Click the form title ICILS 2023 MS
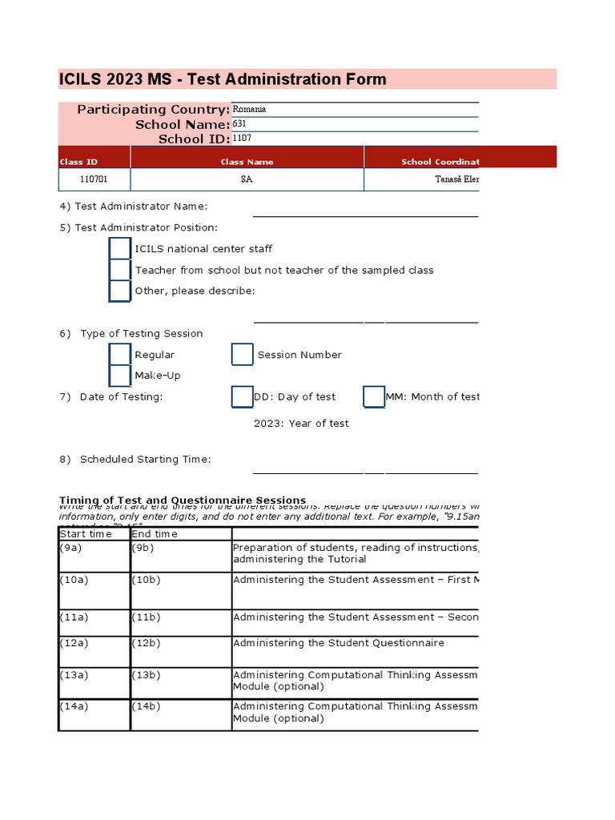pyautogui.click(x=223, y=78)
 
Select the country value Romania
pyautogui.click(x=249, y=109)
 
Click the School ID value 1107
pyautogui.click(x=242, y=139)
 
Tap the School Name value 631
pyautogui.click(x=239, y=124)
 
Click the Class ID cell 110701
pyautogui.click(x=94, y=179)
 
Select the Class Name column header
pyautogui.click(x=247, y=162)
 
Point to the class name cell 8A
pyautogui.click(x=247, y=179)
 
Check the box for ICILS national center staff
pyautogui.click(x=120, y=249)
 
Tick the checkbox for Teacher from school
pyautogui.click(x=120, y=270)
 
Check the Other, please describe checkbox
pyautogui.click(x=120, y=291)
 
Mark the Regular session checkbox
pyautogui.click(x=120, y=354)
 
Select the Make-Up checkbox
pyautogui.click(x=120, y=376)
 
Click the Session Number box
pyautogui.click(x=242, y=354)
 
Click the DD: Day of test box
pyautogui.click(x=242, y=396)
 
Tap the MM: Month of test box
pyautogui.click(x=374, y=396)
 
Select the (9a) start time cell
pyautogui.click(x=94, y=556)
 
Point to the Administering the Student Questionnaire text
pyautogui.click(x=338, y=643)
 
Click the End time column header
pyautogui.click(x=180, y=534)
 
